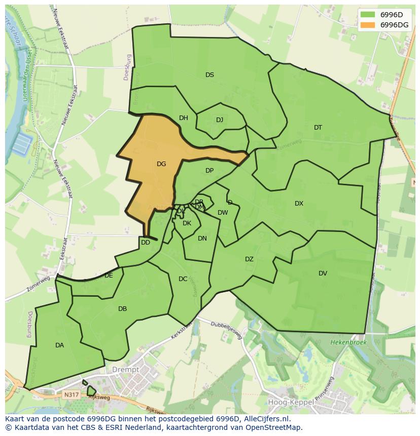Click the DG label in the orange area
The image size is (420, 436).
[161, 164]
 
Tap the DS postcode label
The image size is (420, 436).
[209, 75]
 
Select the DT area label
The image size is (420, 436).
[318, 128]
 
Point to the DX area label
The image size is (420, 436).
[299, 204]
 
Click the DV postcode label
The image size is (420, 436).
[323, 273]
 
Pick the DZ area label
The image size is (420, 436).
[249, 259]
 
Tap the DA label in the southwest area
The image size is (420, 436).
[59, 345]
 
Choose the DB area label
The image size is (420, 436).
[122, 309]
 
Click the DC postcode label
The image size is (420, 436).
[183, 279]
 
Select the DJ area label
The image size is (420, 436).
[219, 120]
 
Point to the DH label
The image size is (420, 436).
[183, 118]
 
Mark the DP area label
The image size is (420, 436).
[209, 171]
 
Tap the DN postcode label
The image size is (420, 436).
[202, 239]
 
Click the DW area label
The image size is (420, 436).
[223, 213]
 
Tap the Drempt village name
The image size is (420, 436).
[126, 370]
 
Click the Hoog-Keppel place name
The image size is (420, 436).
[287, 403]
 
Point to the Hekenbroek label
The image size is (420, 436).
[348, 343]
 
